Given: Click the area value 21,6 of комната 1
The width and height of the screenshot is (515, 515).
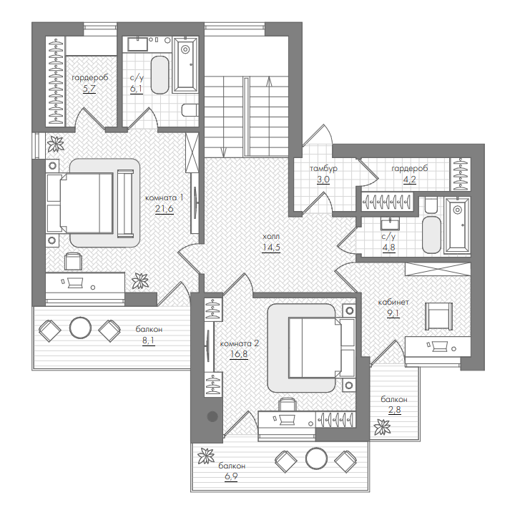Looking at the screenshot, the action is [x=165, y=209].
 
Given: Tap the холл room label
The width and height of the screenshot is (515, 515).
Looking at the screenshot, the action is [x=271, y=237].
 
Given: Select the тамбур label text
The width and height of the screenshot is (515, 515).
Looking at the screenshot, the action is [x=323, y=169].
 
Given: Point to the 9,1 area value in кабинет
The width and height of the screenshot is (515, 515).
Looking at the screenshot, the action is [x=393, y=313].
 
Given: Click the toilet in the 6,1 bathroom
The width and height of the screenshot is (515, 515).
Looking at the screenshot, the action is [x=190, y=110].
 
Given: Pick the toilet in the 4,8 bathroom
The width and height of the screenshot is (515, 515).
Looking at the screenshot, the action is [x=431, y=205].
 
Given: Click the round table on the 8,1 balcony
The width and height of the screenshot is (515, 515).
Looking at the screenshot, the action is [x=80, y=328].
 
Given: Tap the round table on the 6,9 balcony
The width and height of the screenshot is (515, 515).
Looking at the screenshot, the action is [x=316, y=458].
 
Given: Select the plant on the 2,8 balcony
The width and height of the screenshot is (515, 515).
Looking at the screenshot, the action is [x=382, y=427].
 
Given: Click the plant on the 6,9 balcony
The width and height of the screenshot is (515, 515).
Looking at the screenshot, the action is [x=206, y=456].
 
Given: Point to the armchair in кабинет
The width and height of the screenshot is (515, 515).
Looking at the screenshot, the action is [x=438, y=316].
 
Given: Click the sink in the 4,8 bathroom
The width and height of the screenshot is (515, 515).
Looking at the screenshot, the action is [x=391, y=224].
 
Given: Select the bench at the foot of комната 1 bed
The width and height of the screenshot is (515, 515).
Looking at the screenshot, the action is [x=125, y=203].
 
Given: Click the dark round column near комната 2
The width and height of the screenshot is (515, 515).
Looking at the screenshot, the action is [x=213, y=416].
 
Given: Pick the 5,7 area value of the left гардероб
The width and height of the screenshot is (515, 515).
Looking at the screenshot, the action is [x=89, y=89].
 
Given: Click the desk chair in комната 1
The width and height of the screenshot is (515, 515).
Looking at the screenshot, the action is [x=73, y=261].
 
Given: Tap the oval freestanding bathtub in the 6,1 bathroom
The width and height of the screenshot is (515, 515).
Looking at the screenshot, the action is [x=160, y=75].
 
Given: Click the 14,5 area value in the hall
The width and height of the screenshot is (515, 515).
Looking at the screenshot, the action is [x=271, y=247].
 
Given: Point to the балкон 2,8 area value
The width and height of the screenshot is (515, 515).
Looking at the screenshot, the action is [x=394, y=410].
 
